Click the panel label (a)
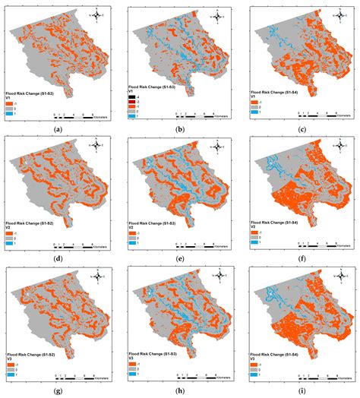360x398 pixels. tap(58, 129)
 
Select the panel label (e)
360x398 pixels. tap(181, 259)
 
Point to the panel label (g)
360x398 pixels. tap(58, 390)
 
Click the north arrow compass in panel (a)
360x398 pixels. tap(97, 14)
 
